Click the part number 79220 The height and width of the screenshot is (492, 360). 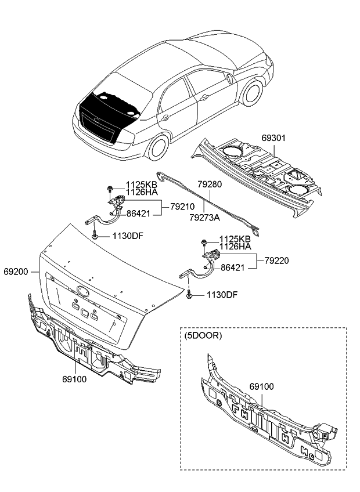(278, 261)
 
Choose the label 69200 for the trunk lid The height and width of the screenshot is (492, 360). (16, 271)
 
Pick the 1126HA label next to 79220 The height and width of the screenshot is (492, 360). (235, 247)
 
